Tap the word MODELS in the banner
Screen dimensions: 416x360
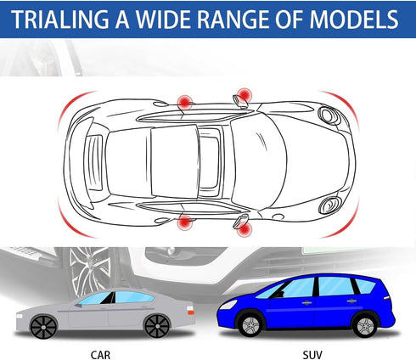click(354, 20)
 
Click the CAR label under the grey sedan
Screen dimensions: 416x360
click(100, 355)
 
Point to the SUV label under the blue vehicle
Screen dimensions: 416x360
click(312, 355)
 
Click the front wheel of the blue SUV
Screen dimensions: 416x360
click(250, 325)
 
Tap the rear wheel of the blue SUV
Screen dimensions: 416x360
click(365, 325)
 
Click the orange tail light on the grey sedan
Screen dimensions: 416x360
click(191, 312)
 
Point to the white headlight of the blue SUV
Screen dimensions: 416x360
click(228, 305)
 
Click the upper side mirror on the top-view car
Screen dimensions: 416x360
click(240, 102)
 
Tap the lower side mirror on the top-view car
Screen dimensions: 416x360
click(240, 221)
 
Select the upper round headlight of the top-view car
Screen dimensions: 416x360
click(329, 115)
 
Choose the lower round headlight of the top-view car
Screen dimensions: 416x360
click(329, 205)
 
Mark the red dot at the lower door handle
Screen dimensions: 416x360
click(185, 222)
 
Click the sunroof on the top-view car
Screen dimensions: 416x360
click(210, 163)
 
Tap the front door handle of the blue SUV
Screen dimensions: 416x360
click(306, 303)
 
